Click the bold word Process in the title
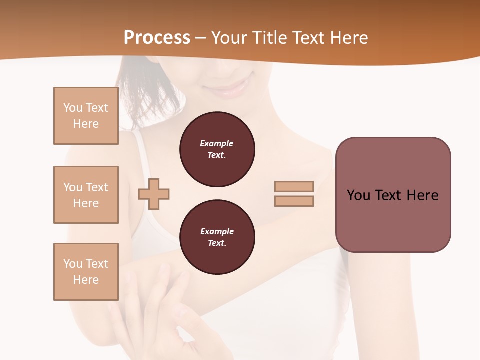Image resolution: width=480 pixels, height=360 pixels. [157, 38]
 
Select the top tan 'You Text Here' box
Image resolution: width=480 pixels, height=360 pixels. [86, 116]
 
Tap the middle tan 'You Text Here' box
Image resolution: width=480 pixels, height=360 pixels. [86, 195]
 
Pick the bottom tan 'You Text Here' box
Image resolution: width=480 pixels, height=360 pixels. [86, 272]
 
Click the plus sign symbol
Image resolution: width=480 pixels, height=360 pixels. [154, 194]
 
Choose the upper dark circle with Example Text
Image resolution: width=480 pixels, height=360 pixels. [217, 149]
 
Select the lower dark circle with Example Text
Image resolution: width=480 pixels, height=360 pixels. [217, 237]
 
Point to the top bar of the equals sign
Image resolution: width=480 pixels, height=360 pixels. [294, 187]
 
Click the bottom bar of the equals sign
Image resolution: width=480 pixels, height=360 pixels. [294, 201]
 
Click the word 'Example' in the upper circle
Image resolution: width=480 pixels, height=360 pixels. [217, 143]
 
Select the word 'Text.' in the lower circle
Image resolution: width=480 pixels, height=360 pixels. [217, 243]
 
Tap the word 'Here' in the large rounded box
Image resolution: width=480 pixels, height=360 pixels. [423, 195]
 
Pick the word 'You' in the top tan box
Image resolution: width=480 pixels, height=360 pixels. [73, 108]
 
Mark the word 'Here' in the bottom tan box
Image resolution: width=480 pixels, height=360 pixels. [86, 280]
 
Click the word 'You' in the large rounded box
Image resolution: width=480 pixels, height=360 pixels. [358, 195]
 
